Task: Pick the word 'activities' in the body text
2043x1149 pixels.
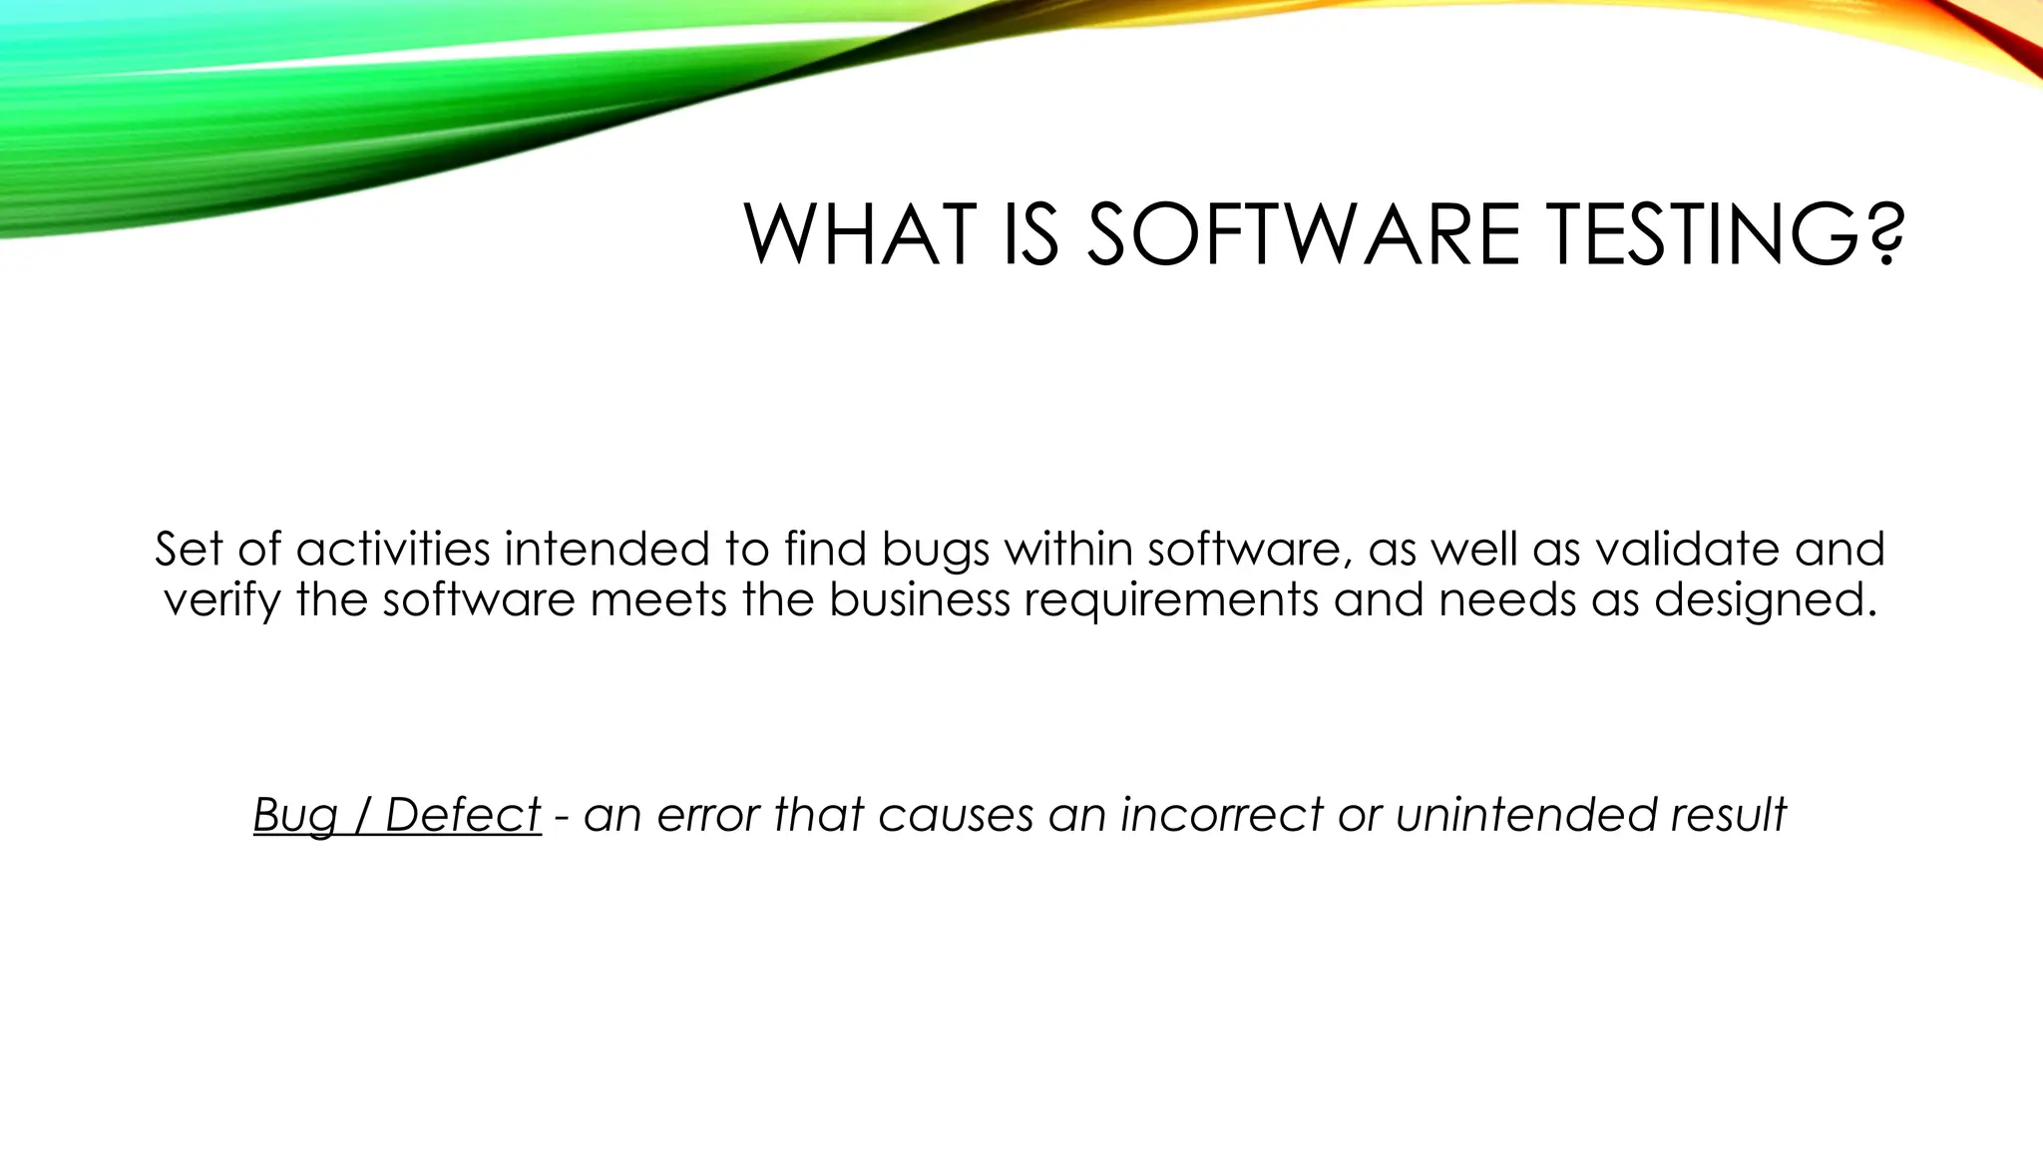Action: pyautogui.click(x=393, y=550)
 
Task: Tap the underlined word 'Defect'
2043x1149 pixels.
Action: pyautogui.click(x=463, y=814)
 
